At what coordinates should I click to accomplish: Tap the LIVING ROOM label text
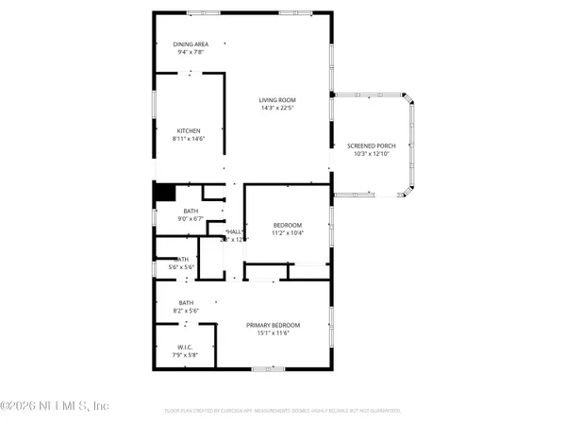pos(278,99)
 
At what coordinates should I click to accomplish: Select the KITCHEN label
pos(190,130)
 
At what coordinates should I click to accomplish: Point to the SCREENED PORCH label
pos(371,145)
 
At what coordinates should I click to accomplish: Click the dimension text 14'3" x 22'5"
pos(278,107)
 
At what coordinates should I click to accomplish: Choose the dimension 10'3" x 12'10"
pos(371,153)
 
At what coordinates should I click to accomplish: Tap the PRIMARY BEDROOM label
pos(273,323)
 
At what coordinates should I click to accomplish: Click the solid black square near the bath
pos(164,192)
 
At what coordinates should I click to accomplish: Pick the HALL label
pos(234,232)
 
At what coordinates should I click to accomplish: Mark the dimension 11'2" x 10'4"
pos(288,232)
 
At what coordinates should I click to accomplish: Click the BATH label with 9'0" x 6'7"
pos(191,211)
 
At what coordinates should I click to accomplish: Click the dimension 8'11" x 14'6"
pos(190,138)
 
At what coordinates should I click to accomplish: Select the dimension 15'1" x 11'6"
pos(273,331)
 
